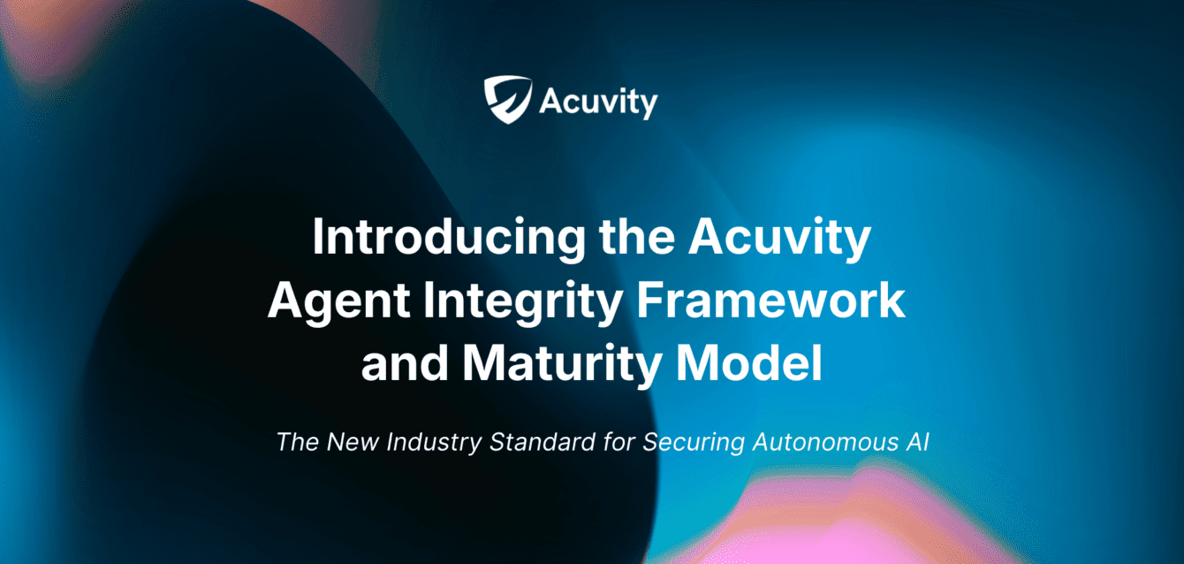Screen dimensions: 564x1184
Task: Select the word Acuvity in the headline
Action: [x=777, y=239]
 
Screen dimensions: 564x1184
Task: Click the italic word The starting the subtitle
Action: [x=297, y=441]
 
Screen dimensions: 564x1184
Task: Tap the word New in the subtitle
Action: [x=350, y=441]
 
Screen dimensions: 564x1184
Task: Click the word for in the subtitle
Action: [x=619, y=441]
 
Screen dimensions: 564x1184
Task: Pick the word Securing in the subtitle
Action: [x=694, y=442]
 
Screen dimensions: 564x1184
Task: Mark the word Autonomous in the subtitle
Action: [x=819, y=441]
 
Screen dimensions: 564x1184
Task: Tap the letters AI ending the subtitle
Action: [x=915, y=441]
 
